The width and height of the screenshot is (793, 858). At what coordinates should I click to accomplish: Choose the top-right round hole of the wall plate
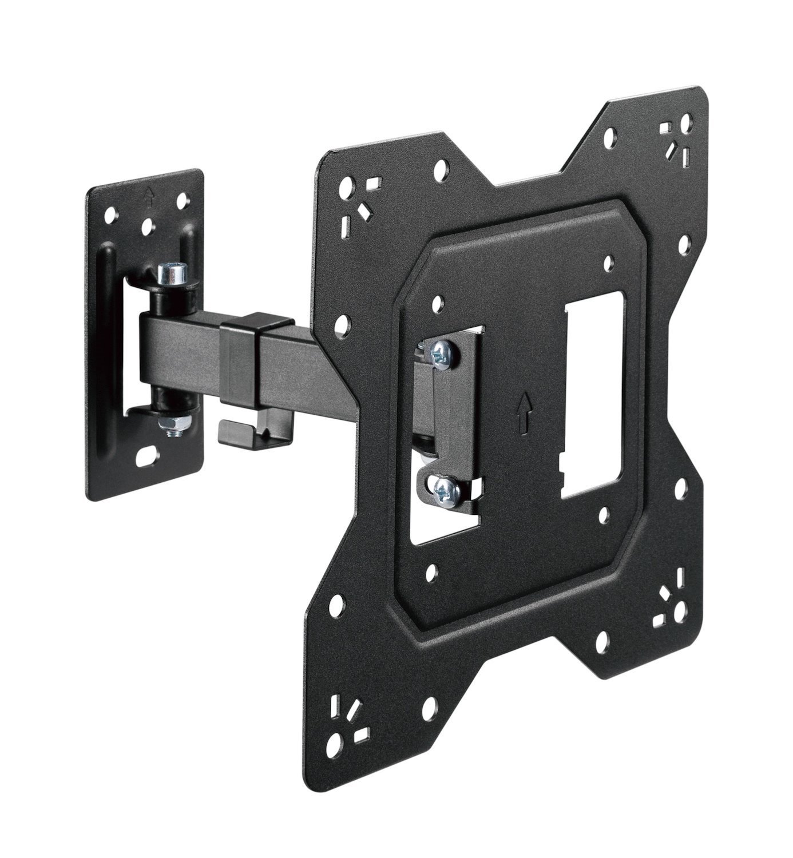(x=183, y=201)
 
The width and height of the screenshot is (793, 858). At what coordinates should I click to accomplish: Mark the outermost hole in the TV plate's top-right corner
(x=685, y=123)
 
